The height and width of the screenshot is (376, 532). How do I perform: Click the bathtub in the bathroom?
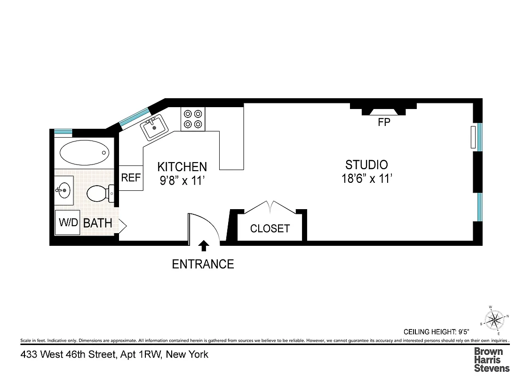click(85, 152)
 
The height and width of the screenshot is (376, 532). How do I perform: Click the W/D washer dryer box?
click(68, 222)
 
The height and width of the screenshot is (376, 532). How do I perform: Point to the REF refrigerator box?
click(131, 178)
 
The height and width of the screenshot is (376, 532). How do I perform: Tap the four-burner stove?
click(193, 119)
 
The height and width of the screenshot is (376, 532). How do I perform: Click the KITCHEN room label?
click(182, 167)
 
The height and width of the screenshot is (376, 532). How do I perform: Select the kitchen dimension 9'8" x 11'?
click(182, 180)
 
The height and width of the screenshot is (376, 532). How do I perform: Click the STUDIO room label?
click(366, 165)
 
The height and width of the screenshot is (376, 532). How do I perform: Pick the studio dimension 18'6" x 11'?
click(366, 179)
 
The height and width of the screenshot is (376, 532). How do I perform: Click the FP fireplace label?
click(384, 123)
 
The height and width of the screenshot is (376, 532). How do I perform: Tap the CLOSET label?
click(270, 229)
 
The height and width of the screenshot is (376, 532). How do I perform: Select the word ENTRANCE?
click(203, 264)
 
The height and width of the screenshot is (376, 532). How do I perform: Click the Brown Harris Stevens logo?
click(491, 360)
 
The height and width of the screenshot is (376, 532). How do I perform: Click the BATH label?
click(98, 223)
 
